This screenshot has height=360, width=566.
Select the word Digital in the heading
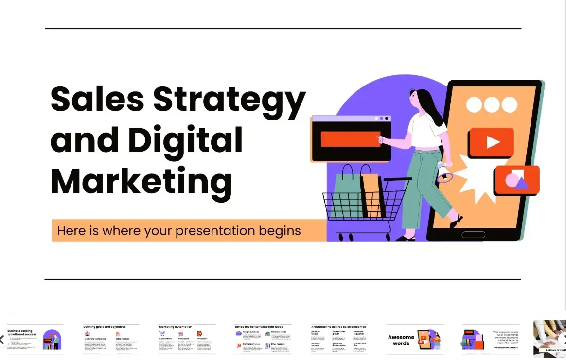pos(185,140)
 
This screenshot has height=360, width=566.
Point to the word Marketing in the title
pos(141,181)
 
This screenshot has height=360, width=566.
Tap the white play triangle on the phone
pos(493,142)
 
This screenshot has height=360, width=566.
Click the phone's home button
pos(473,235)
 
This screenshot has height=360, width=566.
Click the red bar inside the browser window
pos(350,139)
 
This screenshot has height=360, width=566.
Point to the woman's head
pos(418,100)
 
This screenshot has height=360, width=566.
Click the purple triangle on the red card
pos(522,183)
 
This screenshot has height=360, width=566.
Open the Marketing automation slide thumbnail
pos(187,339)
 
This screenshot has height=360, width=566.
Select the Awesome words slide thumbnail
pos(415,339)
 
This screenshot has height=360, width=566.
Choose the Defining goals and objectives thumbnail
pos(111,339)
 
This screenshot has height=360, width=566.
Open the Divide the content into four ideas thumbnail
pos(263,339)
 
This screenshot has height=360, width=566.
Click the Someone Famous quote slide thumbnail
pos(491,339)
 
